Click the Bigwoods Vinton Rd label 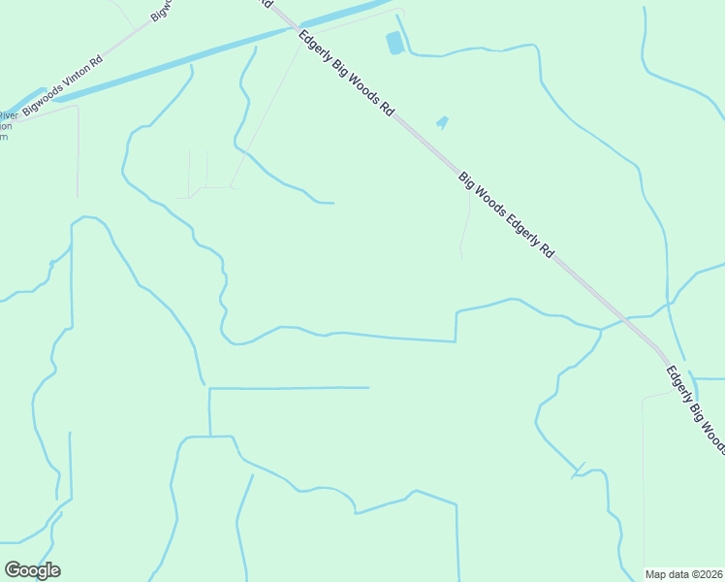point(62,85)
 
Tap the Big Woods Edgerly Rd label point(506,214)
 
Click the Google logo point(32,570)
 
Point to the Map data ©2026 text point(683,574)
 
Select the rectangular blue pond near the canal point(394,43)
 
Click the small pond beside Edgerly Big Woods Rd point(442,122)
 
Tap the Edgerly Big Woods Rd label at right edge point(695,407)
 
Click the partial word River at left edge point(8,115)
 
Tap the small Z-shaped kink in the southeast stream point(579,470)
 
